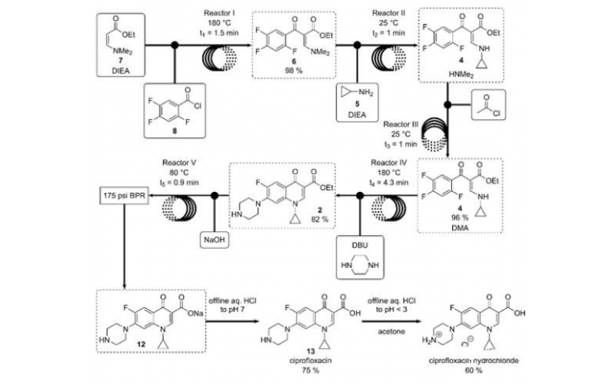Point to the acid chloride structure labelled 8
[180, 102]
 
